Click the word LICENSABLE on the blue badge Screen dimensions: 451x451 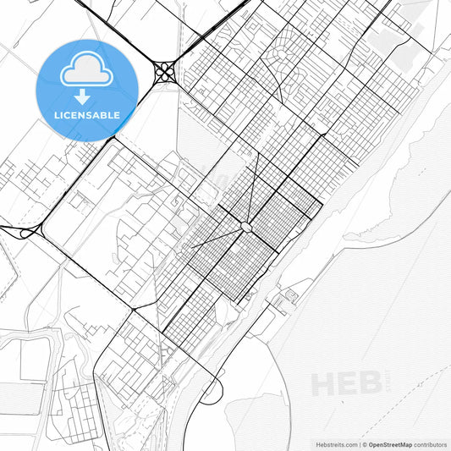coord(88,114)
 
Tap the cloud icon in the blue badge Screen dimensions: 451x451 coord(88,69)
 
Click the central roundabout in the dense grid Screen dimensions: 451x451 coord(245,227)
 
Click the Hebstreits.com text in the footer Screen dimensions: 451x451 coord(333,443)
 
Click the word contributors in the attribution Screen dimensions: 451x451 coord(430,443)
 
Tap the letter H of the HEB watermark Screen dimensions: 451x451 coord(324,383)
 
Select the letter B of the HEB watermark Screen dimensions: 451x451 coord(366,383)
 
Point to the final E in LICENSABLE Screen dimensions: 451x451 coord(116,114)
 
